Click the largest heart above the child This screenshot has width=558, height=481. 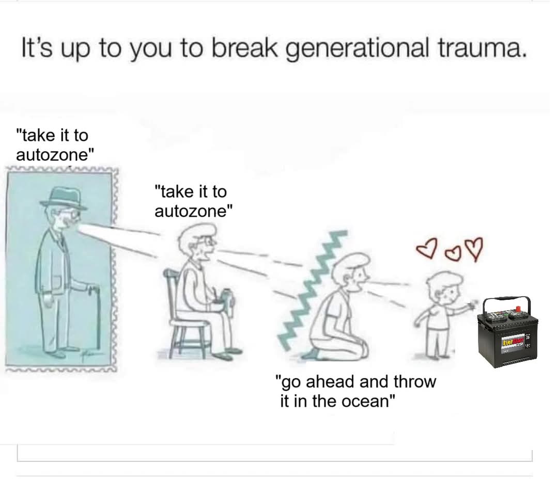pos(474,248)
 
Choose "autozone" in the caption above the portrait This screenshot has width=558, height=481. pos(55,155)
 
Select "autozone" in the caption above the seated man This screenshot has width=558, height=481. pos(193,211)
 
